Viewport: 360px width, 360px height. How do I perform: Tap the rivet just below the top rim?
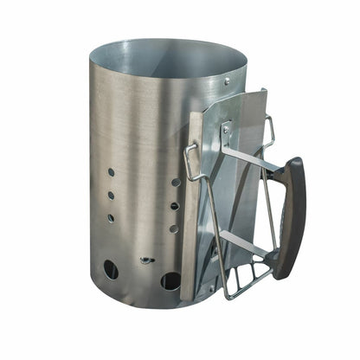pos(228,80)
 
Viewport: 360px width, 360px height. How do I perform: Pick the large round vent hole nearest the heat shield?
pos(170,282)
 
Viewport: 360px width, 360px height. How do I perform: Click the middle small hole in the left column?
pos(110,195)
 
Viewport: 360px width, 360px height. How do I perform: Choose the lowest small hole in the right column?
pos(174,228)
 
